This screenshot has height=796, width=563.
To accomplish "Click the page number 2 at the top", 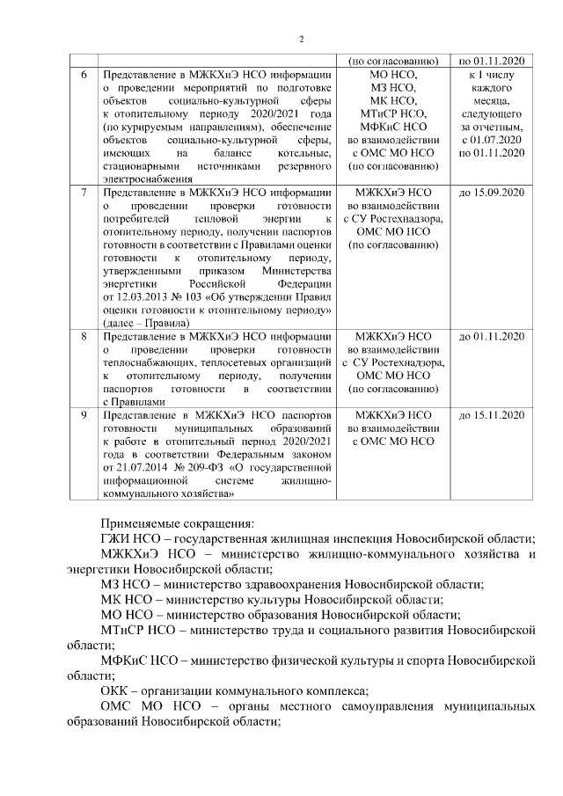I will [301, 40].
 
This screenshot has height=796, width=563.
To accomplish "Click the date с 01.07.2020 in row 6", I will [493, 140].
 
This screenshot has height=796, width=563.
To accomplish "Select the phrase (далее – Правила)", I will [145, 323].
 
